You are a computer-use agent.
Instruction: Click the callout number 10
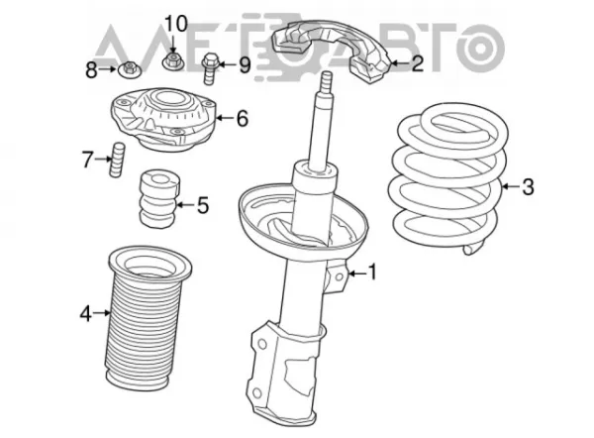[x=176, y=24]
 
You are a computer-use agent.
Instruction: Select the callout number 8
[x=91, y=70]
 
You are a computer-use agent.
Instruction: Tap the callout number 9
[x=245, y=64]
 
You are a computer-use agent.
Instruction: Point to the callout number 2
[x=417, y=63]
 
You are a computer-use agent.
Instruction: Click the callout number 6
[x=243, y=118]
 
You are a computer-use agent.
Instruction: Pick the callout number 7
[x=87, y=160]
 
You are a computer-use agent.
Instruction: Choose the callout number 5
[x=203, y=205]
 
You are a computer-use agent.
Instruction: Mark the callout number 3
[x=528, y=186]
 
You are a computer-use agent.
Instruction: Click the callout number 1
[x=373, y=273]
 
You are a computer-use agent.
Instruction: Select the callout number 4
[x=86, y=313]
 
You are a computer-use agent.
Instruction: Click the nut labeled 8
[x=130, y=69]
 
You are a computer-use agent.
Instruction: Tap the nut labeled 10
[x=173, y=61]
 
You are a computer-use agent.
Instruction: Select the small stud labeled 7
[x=117, y=160]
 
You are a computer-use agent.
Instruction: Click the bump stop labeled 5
[x=159, y=199]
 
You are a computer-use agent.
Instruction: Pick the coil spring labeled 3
[x=449, y=176]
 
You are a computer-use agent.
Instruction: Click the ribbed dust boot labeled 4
[x=146, y=318]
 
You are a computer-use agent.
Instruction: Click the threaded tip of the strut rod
[x=326, y=82]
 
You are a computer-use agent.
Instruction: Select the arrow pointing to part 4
[x=102, y=313]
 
